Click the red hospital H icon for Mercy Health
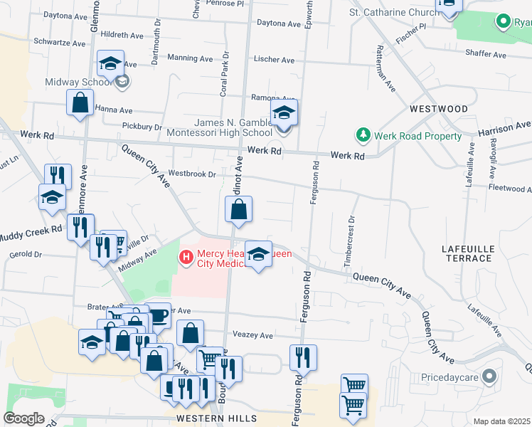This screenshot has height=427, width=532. click(187, 256)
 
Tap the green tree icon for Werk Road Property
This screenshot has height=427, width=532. click(363, 135)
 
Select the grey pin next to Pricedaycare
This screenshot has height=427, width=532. click(489, 375)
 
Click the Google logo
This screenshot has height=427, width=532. click(23, 418)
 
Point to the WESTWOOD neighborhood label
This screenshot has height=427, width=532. click(439, 109)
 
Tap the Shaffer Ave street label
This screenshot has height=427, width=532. click(485, 55)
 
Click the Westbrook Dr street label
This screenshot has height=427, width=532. click(192, 174)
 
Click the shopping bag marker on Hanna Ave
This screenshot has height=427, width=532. click(80, 102)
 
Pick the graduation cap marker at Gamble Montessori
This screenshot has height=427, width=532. click(284, 112)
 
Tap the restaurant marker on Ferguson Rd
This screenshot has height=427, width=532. click(303, 357)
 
